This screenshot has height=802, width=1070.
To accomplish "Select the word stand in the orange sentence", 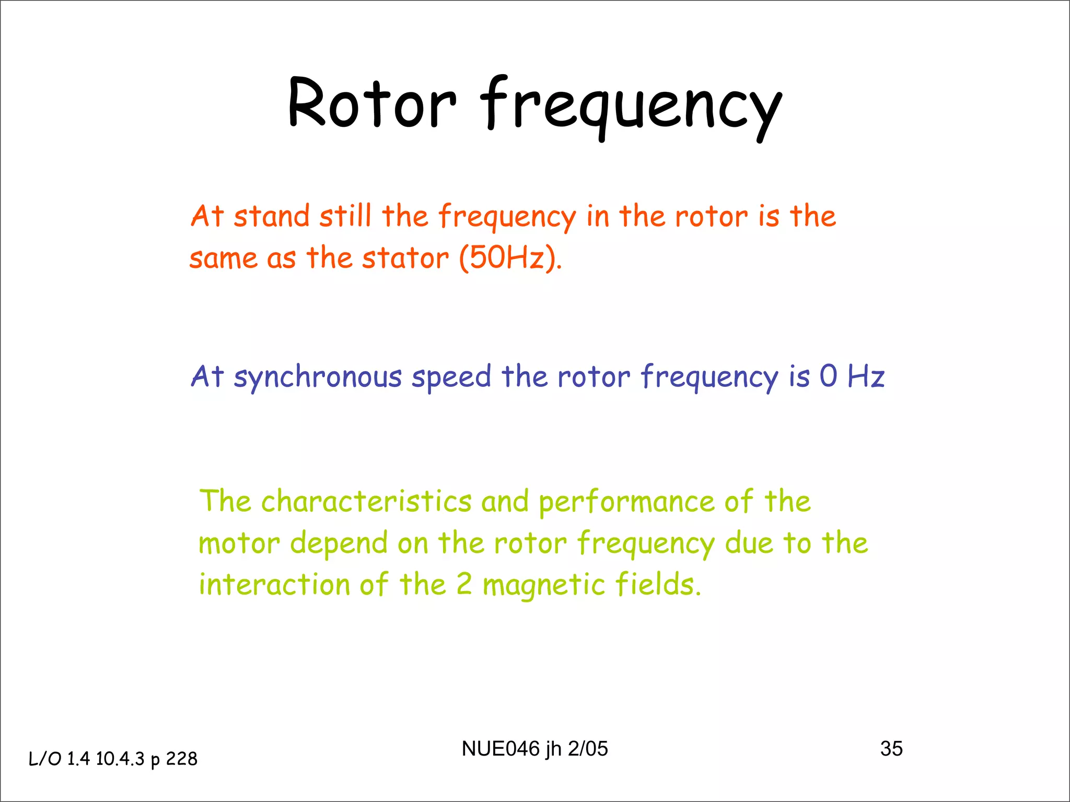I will [271, 216].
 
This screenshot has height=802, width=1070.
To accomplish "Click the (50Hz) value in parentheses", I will [510, 257].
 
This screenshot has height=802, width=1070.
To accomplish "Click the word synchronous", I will [318, 377].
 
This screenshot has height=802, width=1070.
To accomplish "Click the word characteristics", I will [366, 501].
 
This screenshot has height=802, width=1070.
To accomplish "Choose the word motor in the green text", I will [239, 544].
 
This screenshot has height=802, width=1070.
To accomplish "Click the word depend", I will [338, 544].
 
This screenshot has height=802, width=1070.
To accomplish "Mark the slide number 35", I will [891, 749].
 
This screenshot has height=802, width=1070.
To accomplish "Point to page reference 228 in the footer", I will [182, 759].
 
